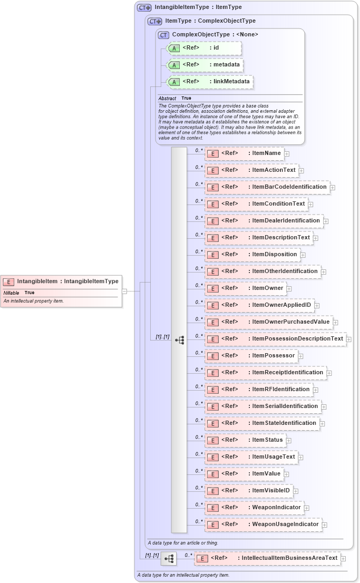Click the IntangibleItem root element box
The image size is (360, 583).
click(61, 281)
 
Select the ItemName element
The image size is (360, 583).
click(245, 153)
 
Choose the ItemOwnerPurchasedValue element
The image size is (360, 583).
click(269, 322)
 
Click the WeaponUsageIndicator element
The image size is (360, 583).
click(264, 524)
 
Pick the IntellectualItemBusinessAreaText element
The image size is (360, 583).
click(268, 558)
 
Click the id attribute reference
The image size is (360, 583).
click(204, 48)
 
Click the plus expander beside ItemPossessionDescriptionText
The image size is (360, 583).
click(349, 339)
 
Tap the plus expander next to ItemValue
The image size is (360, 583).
click(286, 474)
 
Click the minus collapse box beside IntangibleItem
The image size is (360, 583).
click(124, 290)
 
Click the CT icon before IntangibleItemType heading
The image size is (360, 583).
click(144, 8)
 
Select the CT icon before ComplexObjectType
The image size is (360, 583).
click(163, 35)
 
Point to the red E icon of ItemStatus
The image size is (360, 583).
click(212, 440)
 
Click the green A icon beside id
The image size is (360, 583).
click(173, 48)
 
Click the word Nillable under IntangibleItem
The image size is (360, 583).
click(11, 293)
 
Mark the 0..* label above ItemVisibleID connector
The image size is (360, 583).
click(199, 487)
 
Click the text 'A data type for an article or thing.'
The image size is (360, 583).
click(183, 542)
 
